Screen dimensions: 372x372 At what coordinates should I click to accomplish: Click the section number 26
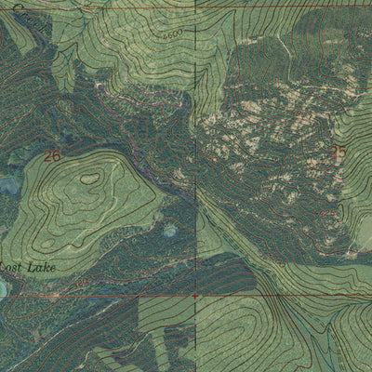pyautogui.click(x=52, y=156)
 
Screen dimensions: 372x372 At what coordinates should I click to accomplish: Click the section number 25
pyautogui.click(x=338, y=151)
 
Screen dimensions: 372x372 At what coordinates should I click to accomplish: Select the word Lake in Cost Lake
pyautogui.click(x=42, y=268)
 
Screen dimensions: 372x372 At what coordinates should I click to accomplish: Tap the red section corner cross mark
pyautogui.click(x=195, y=296)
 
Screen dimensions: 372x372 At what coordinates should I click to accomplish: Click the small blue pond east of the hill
pyautogui.click(x=170, y=229)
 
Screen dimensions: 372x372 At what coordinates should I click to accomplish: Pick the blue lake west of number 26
pyautogui.click(x=8, y=186)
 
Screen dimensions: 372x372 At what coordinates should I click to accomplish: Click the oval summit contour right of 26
pyautogui.click(x=90, y=178)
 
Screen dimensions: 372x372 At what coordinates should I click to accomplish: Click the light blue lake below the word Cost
pyautogui.click(x=3, y=289)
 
